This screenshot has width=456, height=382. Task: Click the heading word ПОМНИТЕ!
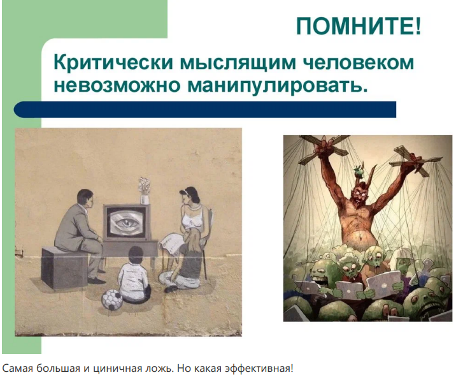pos(359,26)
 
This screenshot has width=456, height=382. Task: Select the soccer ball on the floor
pos(113,300)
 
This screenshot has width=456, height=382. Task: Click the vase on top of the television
pos(145,191)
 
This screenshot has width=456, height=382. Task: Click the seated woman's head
pos(189,198)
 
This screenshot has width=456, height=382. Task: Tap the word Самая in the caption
pos(17,369)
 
